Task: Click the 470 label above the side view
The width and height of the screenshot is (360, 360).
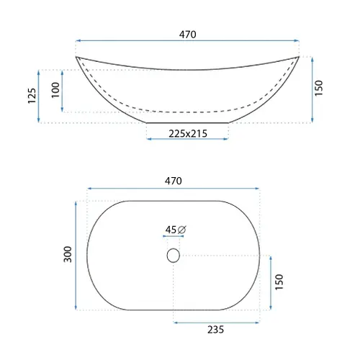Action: (187, 35)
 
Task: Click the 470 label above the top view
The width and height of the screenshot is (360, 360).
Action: (173, 181)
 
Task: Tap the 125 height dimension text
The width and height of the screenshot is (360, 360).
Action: (32, 96)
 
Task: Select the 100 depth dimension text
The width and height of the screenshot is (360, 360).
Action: (55, 90)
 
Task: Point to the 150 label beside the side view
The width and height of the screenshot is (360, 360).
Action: (319, 89)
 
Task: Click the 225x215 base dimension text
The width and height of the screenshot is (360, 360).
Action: (188, 134)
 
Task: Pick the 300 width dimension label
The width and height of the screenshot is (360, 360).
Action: (68, 254)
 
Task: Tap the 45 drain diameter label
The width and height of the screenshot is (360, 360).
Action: (171, 230)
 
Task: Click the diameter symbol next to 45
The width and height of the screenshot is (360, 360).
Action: (182, 230)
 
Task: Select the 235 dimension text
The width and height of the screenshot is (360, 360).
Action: (215, 330)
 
